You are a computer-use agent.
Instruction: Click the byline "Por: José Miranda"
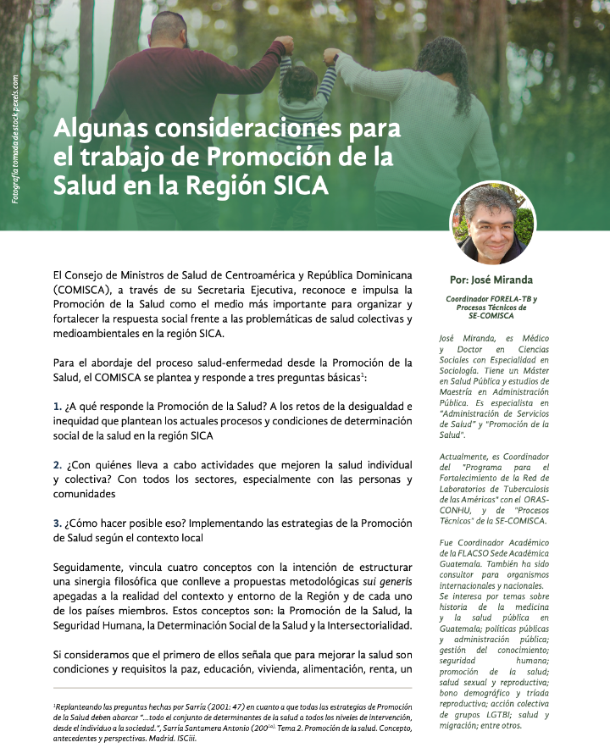[492, 280]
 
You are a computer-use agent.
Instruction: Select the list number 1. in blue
[57, 407]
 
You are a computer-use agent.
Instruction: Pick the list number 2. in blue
[57, 465]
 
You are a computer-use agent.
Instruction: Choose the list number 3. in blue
[57, 524]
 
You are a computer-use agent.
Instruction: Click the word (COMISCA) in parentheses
[83, 289]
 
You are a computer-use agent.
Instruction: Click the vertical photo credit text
[15, 141]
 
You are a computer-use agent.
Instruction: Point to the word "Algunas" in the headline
[95, 131]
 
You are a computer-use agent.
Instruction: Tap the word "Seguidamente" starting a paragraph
[91, 567]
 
